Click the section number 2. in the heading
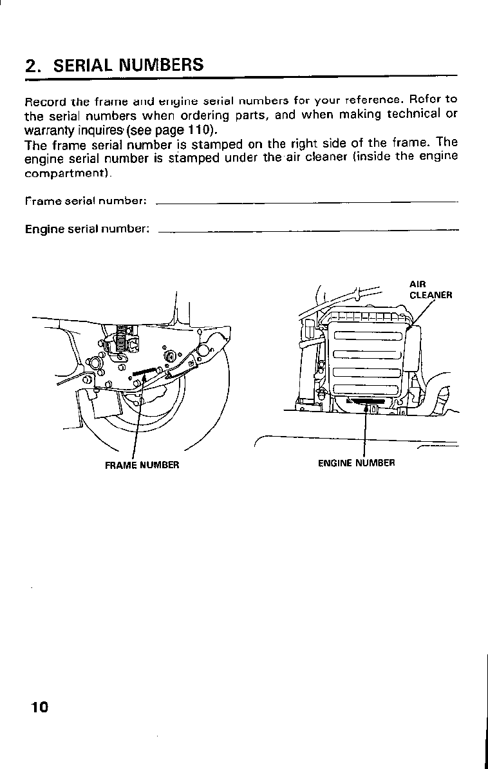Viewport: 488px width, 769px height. [x=33, y=66]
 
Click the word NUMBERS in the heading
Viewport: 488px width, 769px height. [x=164, y=65]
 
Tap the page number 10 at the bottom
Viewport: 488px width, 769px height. [x=39, y=707]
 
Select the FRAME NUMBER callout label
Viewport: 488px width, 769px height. [x=142, y=465]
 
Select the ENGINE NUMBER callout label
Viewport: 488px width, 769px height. [x=356, y=462]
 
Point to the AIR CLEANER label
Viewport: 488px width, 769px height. [x=431, y=290]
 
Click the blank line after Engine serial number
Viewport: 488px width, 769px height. [x=308, y=229]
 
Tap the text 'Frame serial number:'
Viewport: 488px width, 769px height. [x=86, y=202]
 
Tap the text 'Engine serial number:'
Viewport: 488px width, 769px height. [x=88, y=229]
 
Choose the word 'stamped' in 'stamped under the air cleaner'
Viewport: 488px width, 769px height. [x=194, y=157]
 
